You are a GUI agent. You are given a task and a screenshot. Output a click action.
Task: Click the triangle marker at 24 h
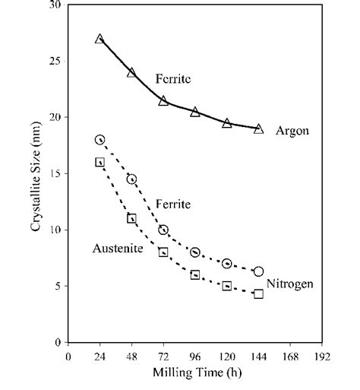pos(99,38)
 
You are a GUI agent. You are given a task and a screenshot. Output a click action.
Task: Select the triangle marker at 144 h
pos(259,128)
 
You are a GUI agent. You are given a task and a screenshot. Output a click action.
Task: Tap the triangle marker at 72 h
pos(163,100)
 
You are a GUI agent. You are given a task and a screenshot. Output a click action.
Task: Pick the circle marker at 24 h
pos(99,140)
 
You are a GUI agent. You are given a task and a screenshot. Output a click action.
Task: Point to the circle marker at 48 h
pos(131,179)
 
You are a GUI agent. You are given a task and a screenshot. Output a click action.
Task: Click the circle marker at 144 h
pos(259,271)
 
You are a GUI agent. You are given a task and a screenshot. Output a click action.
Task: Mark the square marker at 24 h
pos(99,162)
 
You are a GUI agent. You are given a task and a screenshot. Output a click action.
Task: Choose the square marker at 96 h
pos(195,274)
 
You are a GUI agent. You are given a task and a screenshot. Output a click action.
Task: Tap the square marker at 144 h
pos(259,293)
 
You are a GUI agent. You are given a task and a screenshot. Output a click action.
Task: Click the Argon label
pos(293,131)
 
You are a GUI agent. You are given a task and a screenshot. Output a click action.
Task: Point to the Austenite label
pos(115,248)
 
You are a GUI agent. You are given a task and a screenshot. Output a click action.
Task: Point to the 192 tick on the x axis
pos(323,355)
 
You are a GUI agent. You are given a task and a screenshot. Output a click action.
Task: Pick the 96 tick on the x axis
pos(195,355)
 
